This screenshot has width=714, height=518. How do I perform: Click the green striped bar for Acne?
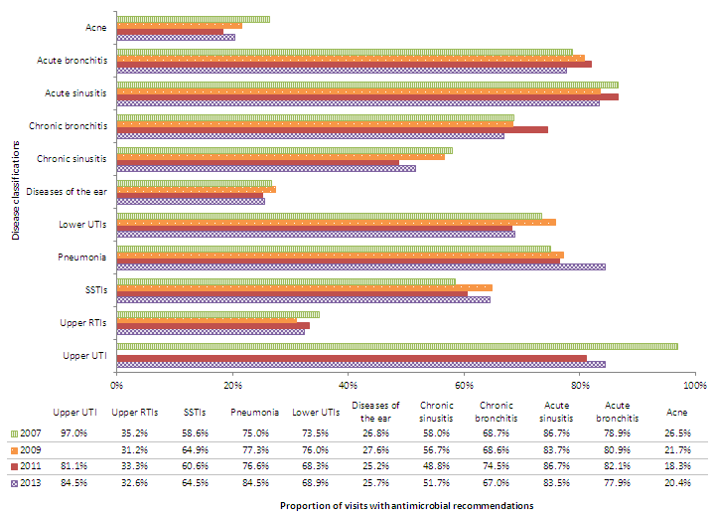(193, 19)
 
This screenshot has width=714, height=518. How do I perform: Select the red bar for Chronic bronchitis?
(332, 129)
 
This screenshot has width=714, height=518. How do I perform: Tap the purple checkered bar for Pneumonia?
(360, 266)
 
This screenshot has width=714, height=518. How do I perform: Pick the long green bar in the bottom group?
(397, 346)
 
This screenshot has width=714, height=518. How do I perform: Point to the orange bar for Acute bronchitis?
(351, 58)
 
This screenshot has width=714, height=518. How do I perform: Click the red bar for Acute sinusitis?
(367, 96)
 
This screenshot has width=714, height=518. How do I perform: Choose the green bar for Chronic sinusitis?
(284, 150)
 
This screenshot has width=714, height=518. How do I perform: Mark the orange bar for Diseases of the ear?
(196, 189)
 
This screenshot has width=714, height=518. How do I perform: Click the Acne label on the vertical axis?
(96, 28)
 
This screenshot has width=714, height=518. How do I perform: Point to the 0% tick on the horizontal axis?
(116, 385)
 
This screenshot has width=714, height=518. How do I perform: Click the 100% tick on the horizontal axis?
(694, 385)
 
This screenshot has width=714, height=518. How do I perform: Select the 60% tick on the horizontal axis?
(464, 385)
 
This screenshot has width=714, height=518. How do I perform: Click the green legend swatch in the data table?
(13, 433)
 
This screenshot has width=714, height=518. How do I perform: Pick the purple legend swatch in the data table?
(13, 481)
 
